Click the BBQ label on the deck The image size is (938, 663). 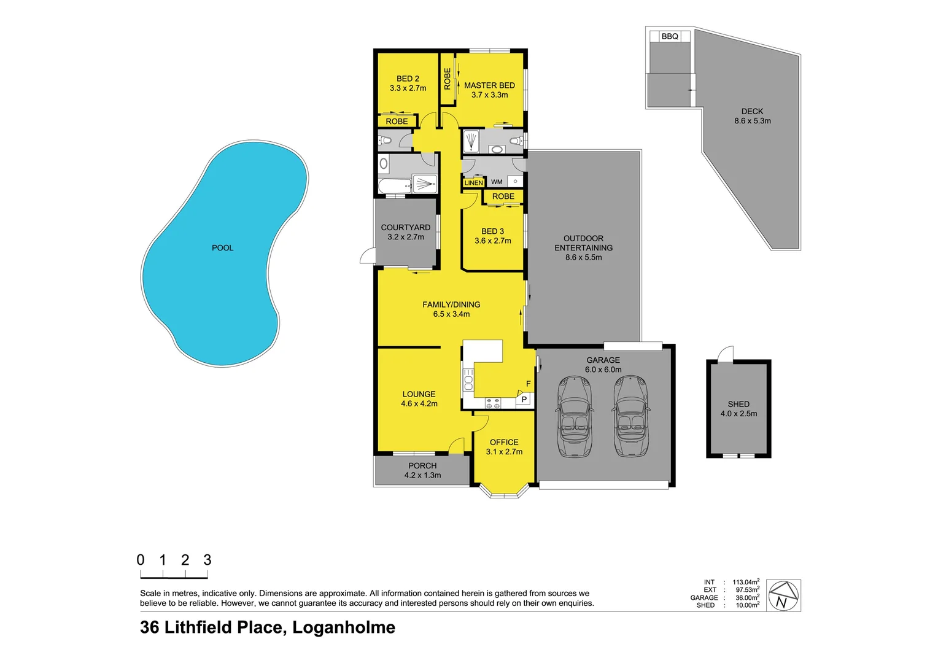[670, 36]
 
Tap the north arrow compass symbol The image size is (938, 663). [784, 595]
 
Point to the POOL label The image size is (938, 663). [222, 248]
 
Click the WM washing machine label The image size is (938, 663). [497, 182]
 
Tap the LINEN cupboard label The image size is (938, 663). [473, 183]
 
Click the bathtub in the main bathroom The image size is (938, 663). [394, 186]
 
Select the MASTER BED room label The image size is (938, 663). [489, 85]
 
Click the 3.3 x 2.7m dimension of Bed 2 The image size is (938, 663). [408, 88]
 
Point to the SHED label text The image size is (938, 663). [738, 404]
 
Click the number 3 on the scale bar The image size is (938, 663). [207, 560]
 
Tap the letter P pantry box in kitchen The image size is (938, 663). [524, 399]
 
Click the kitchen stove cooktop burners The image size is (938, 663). [493, 403]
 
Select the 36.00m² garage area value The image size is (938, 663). [747, 597]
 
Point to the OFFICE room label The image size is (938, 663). [504, 442]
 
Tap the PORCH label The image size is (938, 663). [422, 466]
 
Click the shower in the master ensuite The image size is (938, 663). [471, 141]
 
